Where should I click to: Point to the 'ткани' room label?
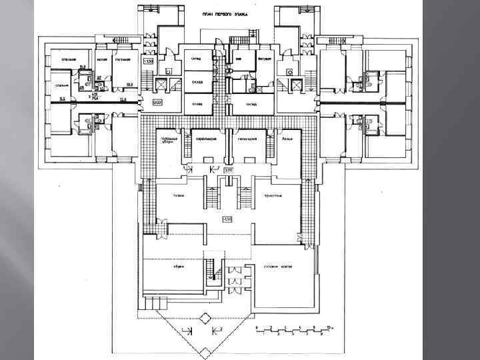point(179,195)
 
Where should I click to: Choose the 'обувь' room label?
point(179,265)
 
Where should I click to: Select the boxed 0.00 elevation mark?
point(157,103)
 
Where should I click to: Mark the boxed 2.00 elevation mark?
point(227,171)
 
